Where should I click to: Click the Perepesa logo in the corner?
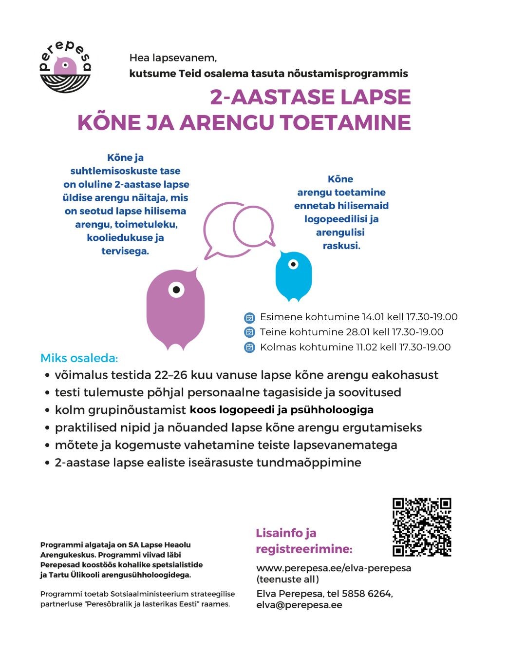65,67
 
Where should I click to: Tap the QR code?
422,527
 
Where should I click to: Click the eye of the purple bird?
176,290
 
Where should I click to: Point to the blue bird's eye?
293,265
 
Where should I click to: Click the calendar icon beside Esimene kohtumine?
249,318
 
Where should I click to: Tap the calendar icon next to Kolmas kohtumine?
249,348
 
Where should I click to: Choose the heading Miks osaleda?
79,358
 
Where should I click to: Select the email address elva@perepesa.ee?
299,605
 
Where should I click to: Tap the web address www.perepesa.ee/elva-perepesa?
334,568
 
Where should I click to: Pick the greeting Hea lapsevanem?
173,58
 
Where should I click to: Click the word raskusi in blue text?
341,246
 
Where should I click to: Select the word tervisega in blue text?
125,251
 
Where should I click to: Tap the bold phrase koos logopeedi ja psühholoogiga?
282,410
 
